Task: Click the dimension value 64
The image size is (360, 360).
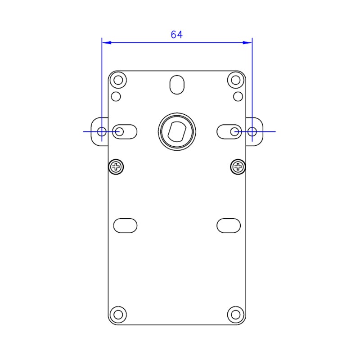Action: pyautogui.click(x=176, y=35)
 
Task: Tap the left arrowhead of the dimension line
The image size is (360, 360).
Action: pyautogui.click(x=107, y=43)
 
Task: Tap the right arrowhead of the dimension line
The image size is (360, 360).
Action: pyautogui.click(x=247, y=43)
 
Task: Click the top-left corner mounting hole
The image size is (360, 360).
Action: pyautogui.click(x=118, y=80)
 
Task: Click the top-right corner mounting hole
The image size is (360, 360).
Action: pyautogui.click(x=235, y=80)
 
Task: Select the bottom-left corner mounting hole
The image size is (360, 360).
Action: pyautogui.click(x=118, y=315)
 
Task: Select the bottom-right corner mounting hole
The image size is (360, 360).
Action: pyautogui.click(x=235, y=315)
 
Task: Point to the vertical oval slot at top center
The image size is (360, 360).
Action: pyautogui.click(x=177, y=85)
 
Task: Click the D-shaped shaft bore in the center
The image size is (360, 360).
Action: pyautogui.click(x=177, y=131)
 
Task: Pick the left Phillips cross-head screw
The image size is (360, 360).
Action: pyautogui.click(x=116, y=167)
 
